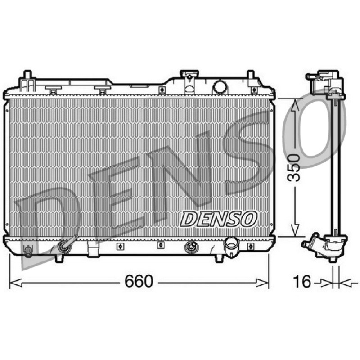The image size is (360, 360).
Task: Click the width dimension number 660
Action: [x=139, y=281]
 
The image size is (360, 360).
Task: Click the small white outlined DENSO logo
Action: [x=218, y=219]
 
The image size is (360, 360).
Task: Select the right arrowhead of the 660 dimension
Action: [x=262, y=283]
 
